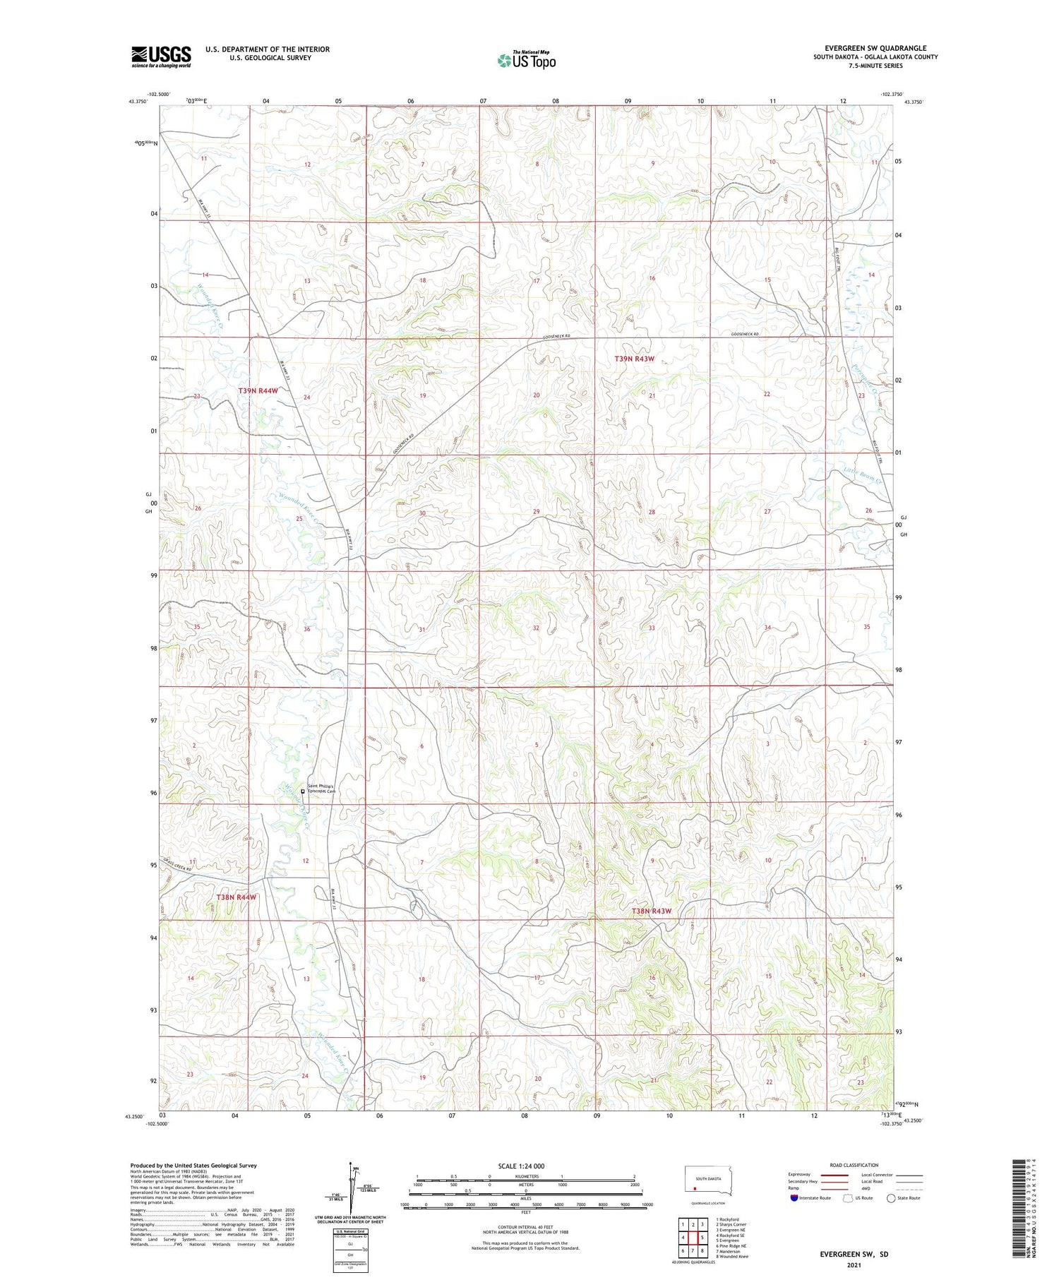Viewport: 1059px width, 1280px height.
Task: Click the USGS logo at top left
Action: (161, 56)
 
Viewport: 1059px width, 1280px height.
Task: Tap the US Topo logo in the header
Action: (526, 61)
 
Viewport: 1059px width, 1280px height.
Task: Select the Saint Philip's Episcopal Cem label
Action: (323, 789)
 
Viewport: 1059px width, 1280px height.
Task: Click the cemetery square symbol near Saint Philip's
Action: (303, 791)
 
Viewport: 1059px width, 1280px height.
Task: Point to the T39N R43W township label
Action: (634, 359)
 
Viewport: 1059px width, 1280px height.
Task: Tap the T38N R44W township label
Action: (236, 897)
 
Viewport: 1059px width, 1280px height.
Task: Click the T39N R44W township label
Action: (258, 390)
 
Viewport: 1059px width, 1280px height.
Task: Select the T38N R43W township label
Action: (651, 911)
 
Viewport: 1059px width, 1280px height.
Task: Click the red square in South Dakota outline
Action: (695, 1188)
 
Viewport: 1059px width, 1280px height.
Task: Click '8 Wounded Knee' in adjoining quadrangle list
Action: (732, 1256)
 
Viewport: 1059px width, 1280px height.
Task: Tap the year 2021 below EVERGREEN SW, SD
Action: (854, 1266)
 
